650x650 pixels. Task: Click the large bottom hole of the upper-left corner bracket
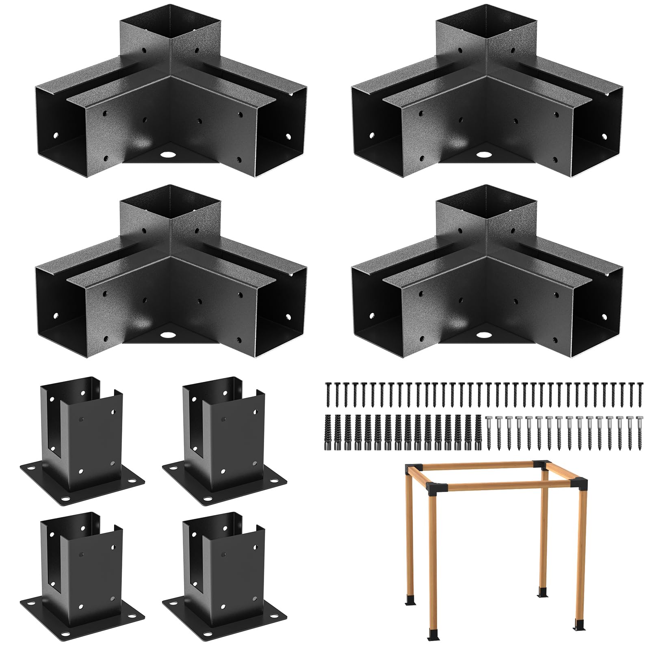pyautogui.click(x=167, y=155)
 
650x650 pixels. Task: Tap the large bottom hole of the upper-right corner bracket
pyautogui.click(x=483, y=155)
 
